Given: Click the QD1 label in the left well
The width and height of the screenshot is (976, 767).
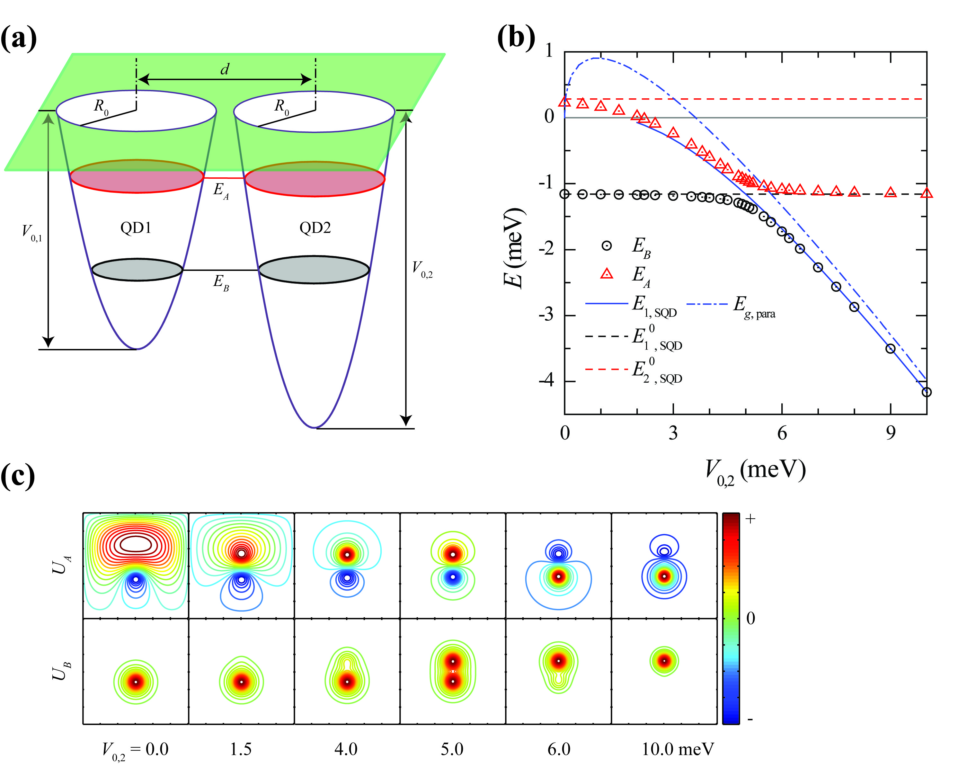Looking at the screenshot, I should tap(136, 228).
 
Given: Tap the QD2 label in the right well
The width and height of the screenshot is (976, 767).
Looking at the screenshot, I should tap(315, 228).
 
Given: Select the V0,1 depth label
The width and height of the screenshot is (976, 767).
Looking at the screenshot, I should tap(32, 233).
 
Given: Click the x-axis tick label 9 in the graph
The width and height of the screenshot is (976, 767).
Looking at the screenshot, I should tap(890, 433).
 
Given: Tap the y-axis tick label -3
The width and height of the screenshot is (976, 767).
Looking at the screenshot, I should tap(546, 315).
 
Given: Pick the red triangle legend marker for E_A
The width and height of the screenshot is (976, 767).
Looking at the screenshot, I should tap(607, 273).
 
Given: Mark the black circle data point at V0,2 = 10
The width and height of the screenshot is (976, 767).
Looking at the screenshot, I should tap(926, 392).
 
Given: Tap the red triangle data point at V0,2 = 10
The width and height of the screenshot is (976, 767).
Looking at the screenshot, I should tap(927, 193).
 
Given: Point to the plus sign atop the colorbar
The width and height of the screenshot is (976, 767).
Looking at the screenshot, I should tap(750, 520).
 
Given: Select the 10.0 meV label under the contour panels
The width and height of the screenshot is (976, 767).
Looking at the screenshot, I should tap(678, 749).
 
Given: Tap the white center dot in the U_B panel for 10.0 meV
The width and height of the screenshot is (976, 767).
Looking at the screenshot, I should tap(664, 661).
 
